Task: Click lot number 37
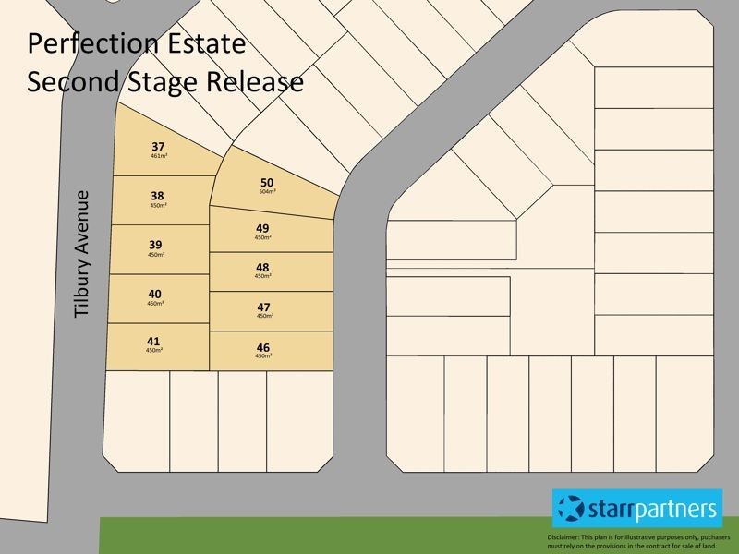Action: point(158,147)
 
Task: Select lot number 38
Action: point(158,196)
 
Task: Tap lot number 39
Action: point(155,245)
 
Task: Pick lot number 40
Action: point(154,294)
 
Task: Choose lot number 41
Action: point(153,341)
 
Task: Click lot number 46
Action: point(263,347)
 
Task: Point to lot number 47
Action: point(263,307)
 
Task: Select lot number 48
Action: point(262,267)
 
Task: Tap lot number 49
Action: point(262,228)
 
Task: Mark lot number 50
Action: point(268,182)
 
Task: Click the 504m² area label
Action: point(268,191)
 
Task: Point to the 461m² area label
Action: point(158,156)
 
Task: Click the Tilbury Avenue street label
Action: point(83,255)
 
